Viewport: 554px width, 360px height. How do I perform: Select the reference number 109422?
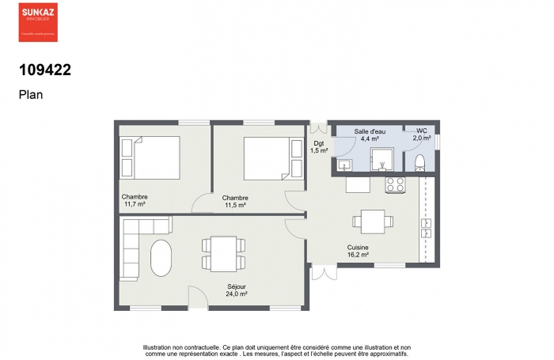pyautogui.click(x=45, y=70)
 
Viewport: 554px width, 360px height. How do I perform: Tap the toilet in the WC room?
pyautogui.click(x=419, y=164)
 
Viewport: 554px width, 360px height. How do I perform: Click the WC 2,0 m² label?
pyautogui.click(x=421, y=134)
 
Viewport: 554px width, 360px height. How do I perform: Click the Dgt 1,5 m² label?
pyautogui.click(x=319, y=146)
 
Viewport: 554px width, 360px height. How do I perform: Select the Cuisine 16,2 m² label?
pyautogui.click(x=358, y=252)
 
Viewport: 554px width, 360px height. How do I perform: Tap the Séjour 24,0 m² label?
pyautogui.click(x=237, y=290)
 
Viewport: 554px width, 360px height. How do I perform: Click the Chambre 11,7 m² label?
pyautogui.click(x=135, y=200)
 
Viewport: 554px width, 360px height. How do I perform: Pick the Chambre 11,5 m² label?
pyautogui.click(x=235, y=201)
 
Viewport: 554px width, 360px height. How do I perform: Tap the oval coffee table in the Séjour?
pyautogui.click(x=161, y=258)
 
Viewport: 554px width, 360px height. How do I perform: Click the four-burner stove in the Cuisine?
pyautogui.click(x=395, y=184)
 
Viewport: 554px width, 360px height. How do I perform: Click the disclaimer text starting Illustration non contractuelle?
pyautogui.click(x=277, y=351)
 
